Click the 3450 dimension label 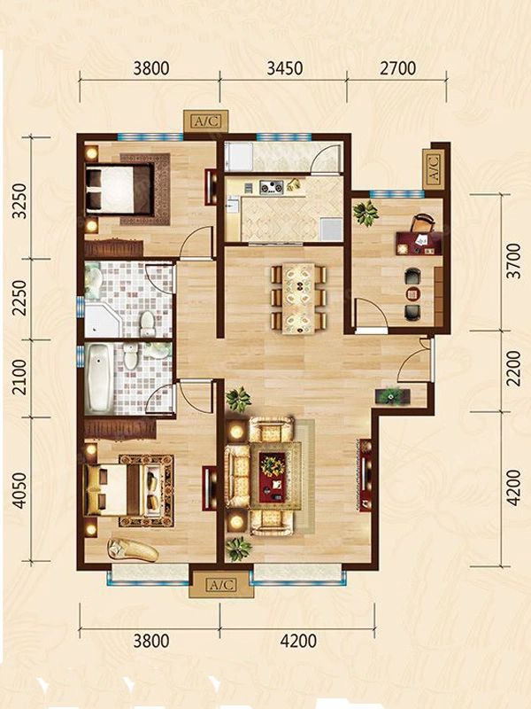click(x=284, y=68)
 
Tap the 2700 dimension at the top click(x=397, y=68)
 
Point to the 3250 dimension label click(x=19, y=201)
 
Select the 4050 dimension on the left click(x=19, y=491)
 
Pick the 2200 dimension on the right click(x=513, y=369)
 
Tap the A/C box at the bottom click(x=221, y=585)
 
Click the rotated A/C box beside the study click(x=433, y=169)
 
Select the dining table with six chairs click(x=298, y=298)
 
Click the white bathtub click(x=98, y=378)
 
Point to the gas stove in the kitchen click(x=272, y=186)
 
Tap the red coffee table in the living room click(x=273, y=476)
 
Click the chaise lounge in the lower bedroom click(x=133, y=549)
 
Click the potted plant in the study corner click(x=366, y=213)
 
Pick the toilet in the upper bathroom click(x=147, y=323)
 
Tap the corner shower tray click(x=103, y=320)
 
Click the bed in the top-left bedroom click(x=119, y=188)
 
